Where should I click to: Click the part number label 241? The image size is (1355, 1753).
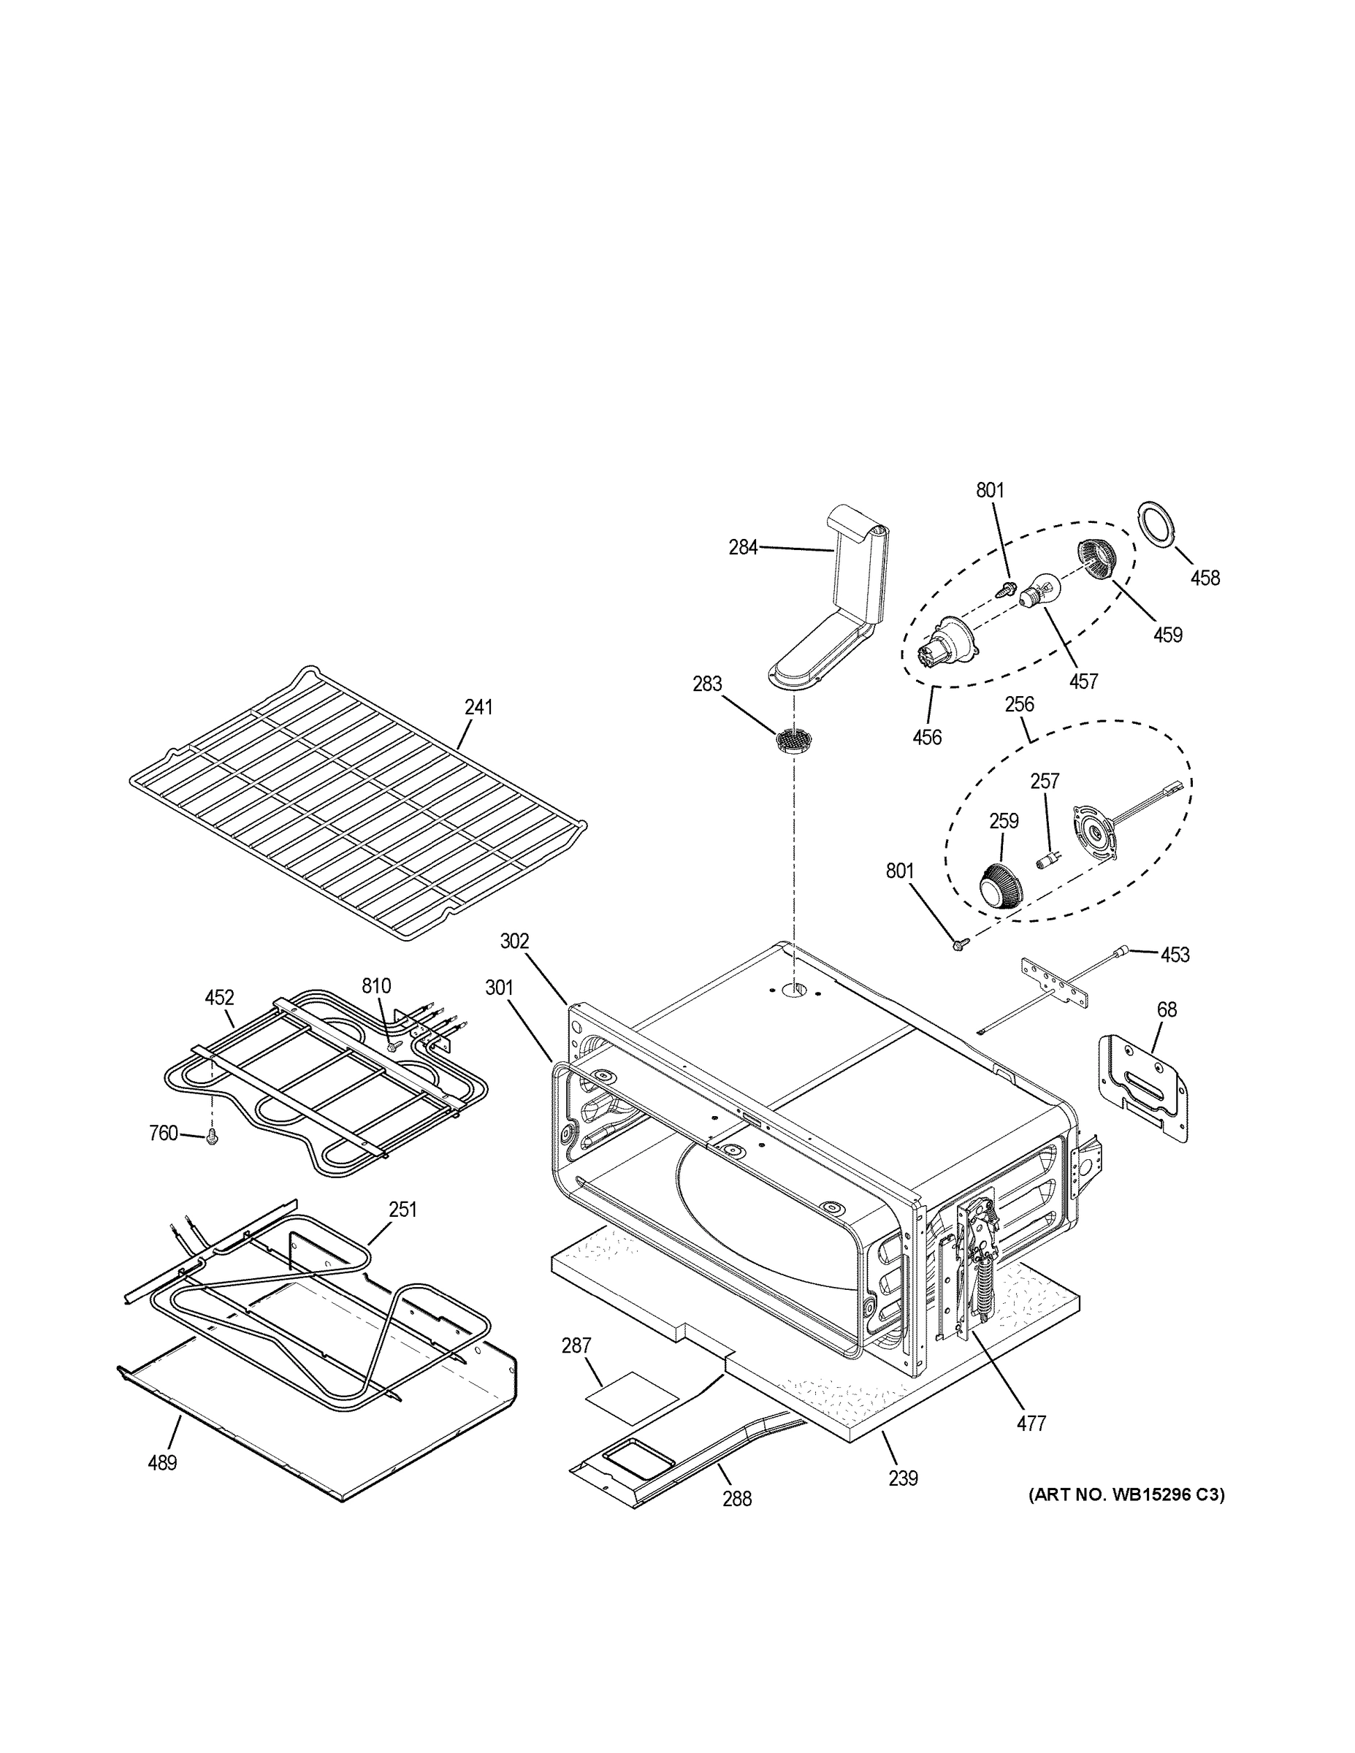tap(478, 707)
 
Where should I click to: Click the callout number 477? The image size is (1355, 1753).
tap(1031, 1423)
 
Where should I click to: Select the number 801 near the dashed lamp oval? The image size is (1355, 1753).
tap(990, 489)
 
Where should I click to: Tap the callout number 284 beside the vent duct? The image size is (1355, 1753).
tap(743, 547)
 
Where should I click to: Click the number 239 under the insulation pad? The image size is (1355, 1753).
tap(903, 1478)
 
